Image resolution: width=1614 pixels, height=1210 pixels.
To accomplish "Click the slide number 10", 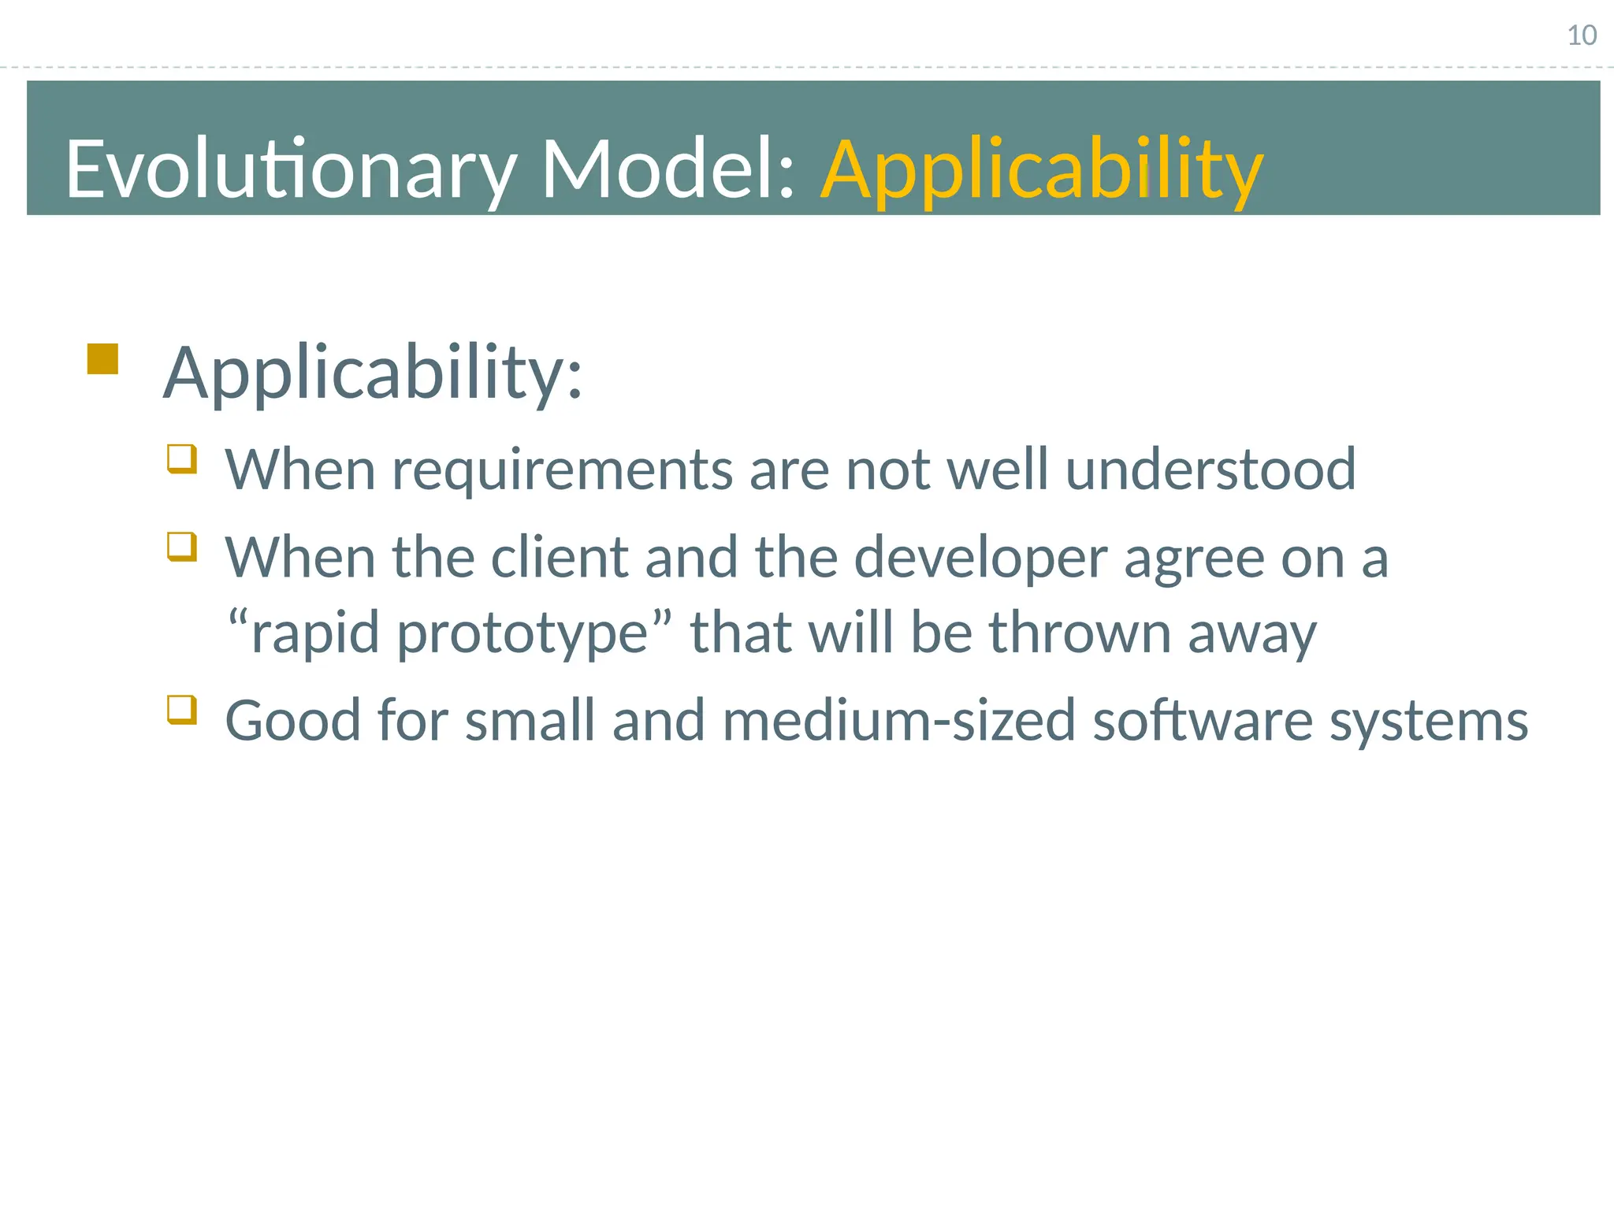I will [x=1581, y=35].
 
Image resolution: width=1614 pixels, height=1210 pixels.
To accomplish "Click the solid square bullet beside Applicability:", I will [x=102, y=358].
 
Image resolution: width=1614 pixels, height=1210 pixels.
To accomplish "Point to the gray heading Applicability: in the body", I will [x=372, y=373].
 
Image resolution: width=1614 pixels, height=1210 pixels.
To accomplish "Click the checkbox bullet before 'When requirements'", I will [x=181, y=458].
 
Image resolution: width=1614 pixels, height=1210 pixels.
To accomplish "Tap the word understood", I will [x=1210, y=470].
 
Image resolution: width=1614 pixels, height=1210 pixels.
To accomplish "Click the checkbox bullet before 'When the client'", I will [x=181, y=546].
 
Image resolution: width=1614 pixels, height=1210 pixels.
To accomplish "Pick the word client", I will [x=559, y=558].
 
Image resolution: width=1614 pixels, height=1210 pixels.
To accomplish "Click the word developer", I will [x=980, y=558].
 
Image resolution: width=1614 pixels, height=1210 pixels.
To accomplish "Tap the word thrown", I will [x=1080, y=633].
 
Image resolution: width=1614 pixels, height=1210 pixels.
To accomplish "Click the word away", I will [x=1251, y=634].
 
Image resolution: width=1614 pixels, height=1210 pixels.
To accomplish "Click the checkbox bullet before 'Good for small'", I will [x=181, y=709].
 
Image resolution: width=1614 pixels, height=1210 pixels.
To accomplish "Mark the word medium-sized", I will [x=898, y=721].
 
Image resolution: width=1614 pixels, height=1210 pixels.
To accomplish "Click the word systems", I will [x=1428, y=722].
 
